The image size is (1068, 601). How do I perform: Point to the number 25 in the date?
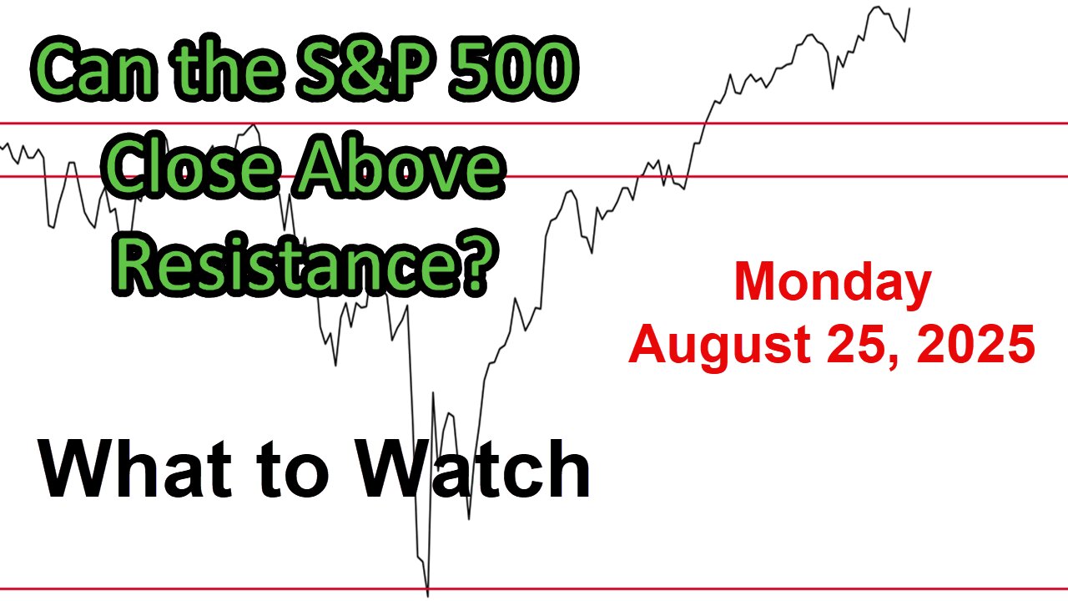tap(859, 343)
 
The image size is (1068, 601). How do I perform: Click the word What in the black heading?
tap(136, 469)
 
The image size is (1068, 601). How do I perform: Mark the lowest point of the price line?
tap(428, 596)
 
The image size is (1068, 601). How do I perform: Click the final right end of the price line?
tap(909, 8)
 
